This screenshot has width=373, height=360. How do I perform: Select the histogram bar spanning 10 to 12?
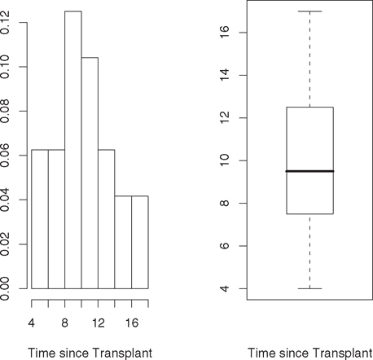pos(90,179)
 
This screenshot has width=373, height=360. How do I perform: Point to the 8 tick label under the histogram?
pos(65,323)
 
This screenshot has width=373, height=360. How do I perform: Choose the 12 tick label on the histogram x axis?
pos(99,323)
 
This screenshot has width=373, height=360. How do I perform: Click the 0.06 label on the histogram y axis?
pos(7,155)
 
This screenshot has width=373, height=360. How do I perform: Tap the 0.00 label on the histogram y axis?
pos(7,288)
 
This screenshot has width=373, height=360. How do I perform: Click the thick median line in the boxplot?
pos(309,171)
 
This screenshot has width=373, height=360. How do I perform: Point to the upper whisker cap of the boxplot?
pos(309,11)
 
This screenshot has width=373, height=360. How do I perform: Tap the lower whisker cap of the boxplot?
pos(309,288)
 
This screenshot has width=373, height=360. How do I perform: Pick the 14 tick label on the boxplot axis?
pos(222,76)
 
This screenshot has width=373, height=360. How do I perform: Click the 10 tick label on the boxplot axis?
pos(222,160)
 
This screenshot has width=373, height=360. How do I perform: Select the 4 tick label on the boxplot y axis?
pos(222,288)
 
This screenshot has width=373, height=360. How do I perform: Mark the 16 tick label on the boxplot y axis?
pos(222,33)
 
